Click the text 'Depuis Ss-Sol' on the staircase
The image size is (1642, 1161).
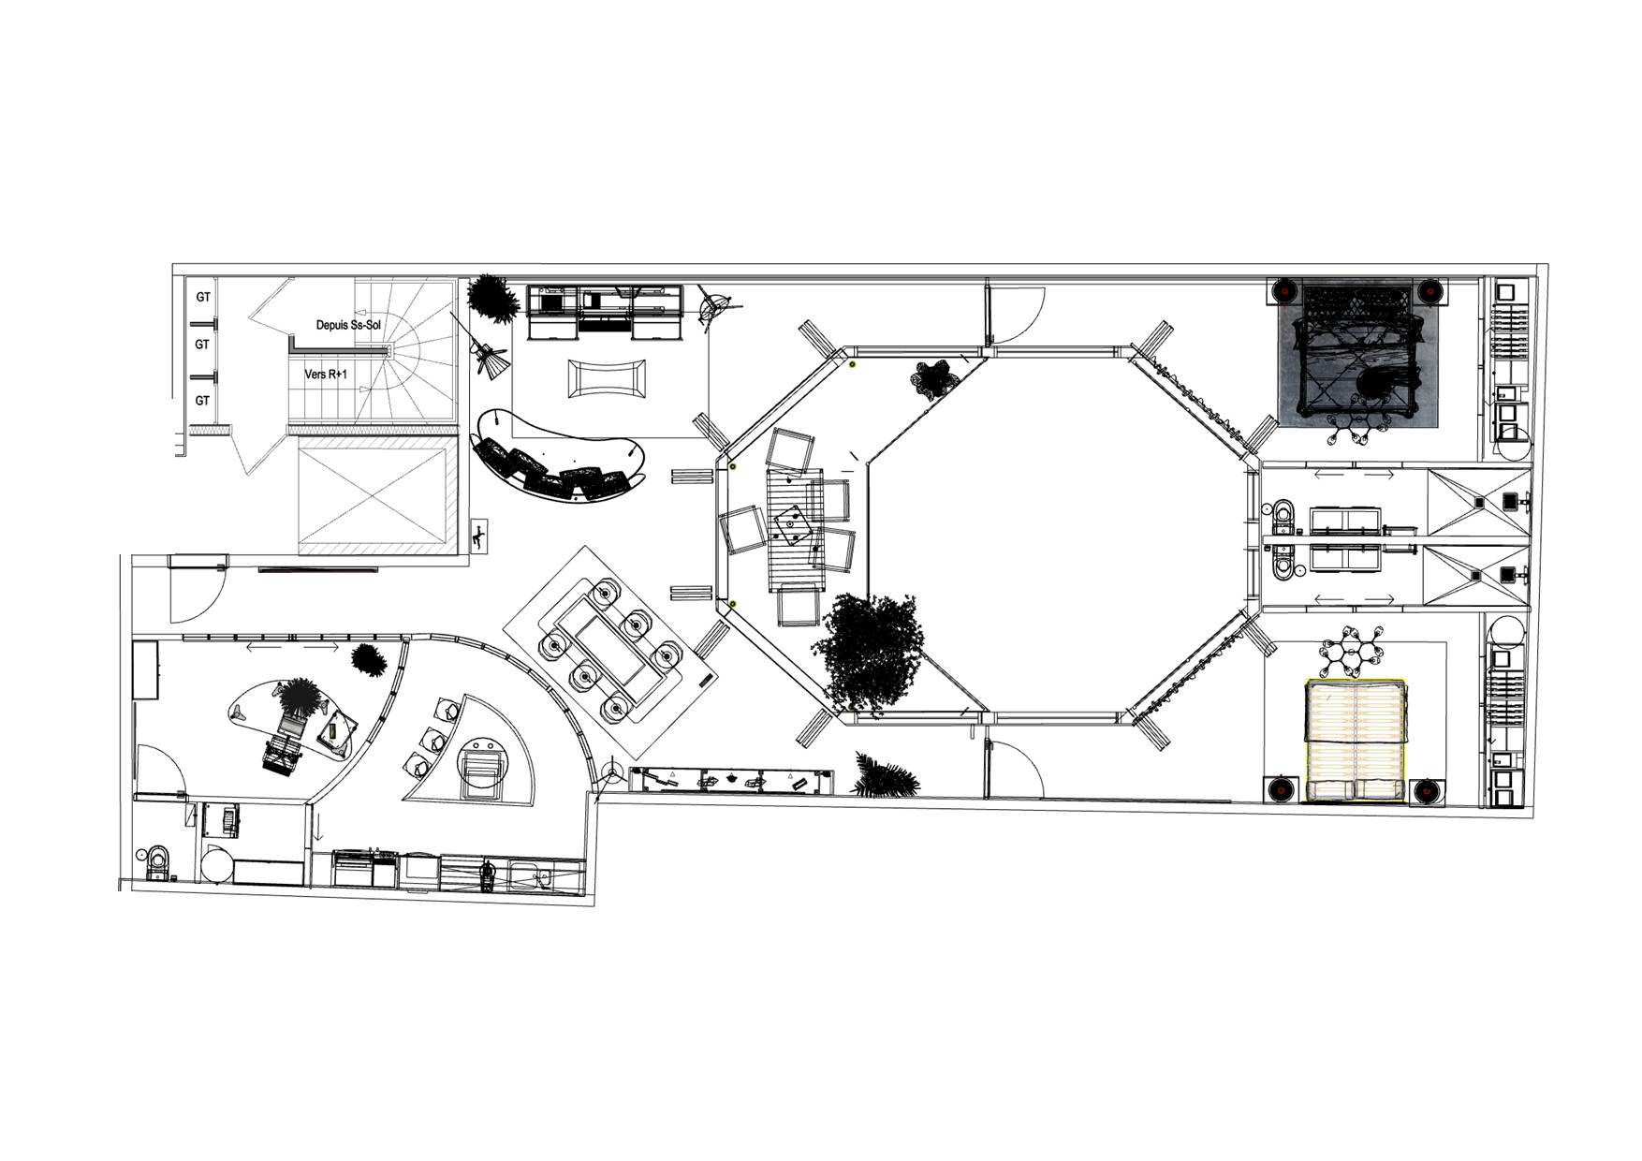pyautogui.click(x=347, y=325)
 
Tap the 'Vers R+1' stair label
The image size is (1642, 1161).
pyautogui.click(x=326, y=374)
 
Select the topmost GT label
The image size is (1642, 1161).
pyautogui.click(x=202, y=297)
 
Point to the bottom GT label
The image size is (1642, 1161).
pyautogui.click(x=202, y=401)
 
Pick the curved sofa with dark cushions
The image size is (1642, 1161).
pyautogui.click(x=560, y=468)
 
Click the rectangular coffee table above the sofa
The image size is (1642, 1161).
pyautogui.click(x=606, y=378)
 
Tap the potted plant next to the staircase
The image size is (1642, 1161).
pyautogui.click(x=491, y=297)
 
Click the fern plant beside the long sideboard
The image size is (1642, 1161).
pyautogui.click(x=885, y=776)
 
